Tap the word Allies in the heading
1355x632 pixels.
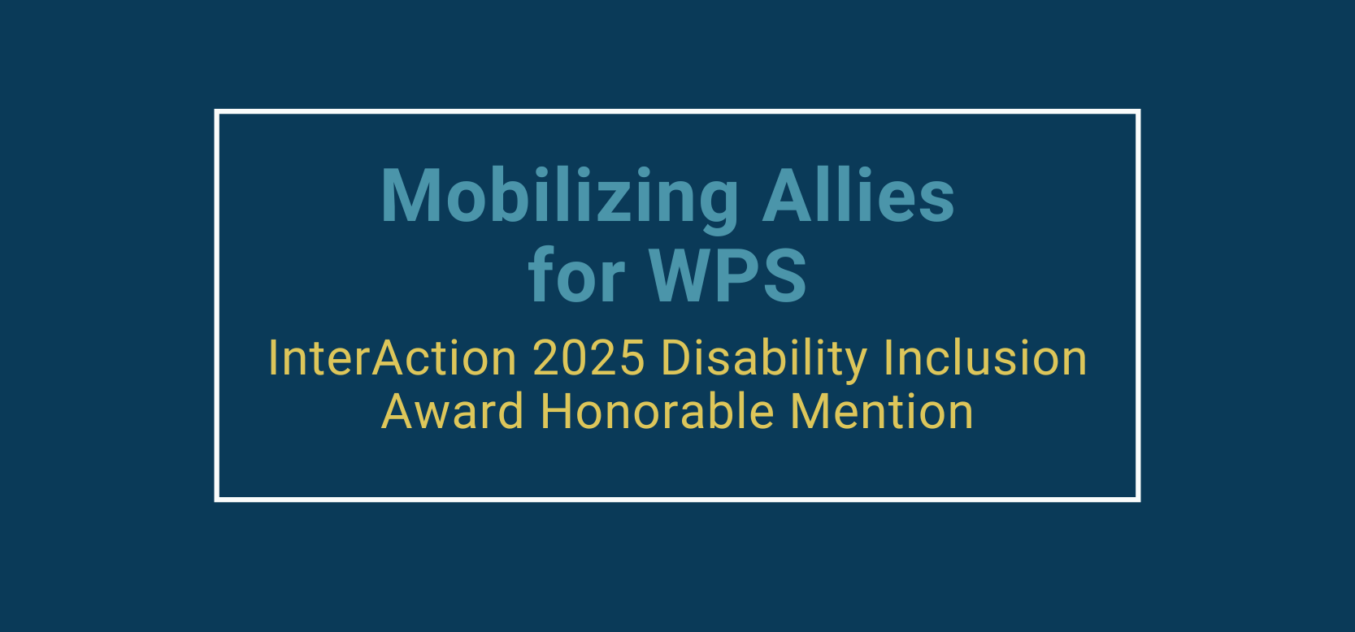pos(858,195)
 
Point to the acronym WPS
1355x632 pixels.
pos(727,275)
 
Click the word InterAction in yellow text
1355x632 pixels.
pos(393,358)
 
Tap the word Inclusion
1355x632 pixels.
pos(985,357)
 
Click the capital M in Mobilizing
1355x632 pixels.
pos(410,195)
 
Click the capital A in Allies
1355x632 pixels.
pos(788,195)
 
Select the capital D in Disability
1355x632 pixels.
pos(678,358)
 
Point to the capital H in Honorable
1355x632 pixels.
pos(557,411)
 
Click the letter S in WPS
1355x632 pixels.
pos(784,275)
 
